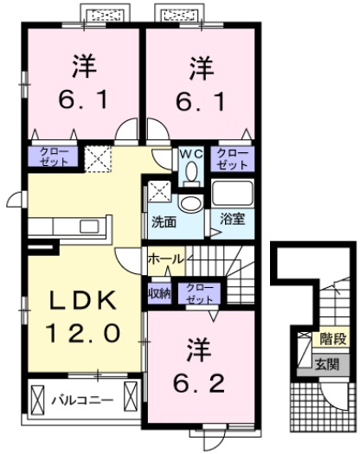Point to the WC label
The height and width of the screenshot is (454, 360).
190,153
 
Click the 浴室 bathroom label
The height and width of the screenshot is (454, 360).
232,219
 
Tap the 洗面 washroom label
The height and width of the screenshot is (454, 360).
165,221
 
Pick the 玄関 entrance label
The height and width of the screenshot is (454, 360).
326,364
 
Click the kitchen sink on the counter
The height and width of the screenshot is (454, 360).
90,227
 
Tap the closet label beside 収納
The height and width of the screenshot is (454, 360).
198,292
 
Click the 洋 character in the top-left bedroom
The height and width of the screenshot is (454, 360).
82,66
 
